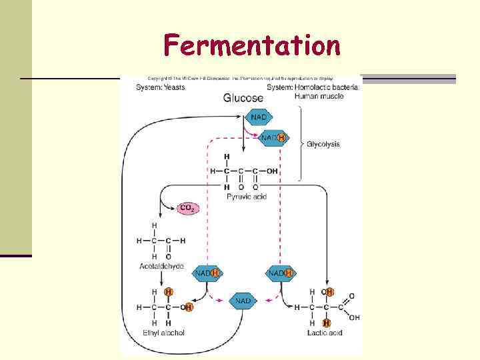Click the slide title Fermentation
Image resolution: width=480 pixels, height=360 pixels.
(251, 46)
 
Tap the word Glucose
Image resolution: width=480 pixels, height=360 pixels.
(244, 98)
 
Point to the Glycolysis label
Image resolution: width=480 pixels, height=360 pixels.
(323, 144)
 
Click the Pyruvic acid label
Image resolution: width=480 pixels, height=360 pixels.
(246, 197)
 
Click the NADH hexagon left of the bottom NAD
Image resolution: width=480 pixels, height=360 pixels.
(207, 273)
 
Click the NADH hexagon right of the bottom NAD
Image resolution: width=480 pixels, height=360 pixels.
(281, 273)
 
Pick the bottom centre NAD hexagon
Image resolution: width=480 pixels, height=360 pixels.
(243, 301)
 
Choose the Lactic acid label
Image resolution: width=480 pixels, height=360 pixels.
(325, 332)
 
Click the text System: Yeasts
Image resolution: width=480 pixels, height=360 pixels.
(161, 87)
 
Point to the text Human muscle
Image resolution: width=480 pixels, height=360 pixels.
(319, 95)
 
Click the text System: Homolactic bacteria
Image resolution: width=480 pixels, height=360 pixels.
(313, 87)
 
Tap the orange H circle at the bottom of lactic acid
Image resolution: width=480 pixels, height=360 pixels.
(327, 323)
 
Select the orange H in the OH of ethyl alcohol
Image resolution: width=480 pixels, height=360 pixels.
(189, 307)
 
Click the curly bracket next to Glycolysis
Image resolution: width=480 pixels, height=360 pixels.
(301, 145)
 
